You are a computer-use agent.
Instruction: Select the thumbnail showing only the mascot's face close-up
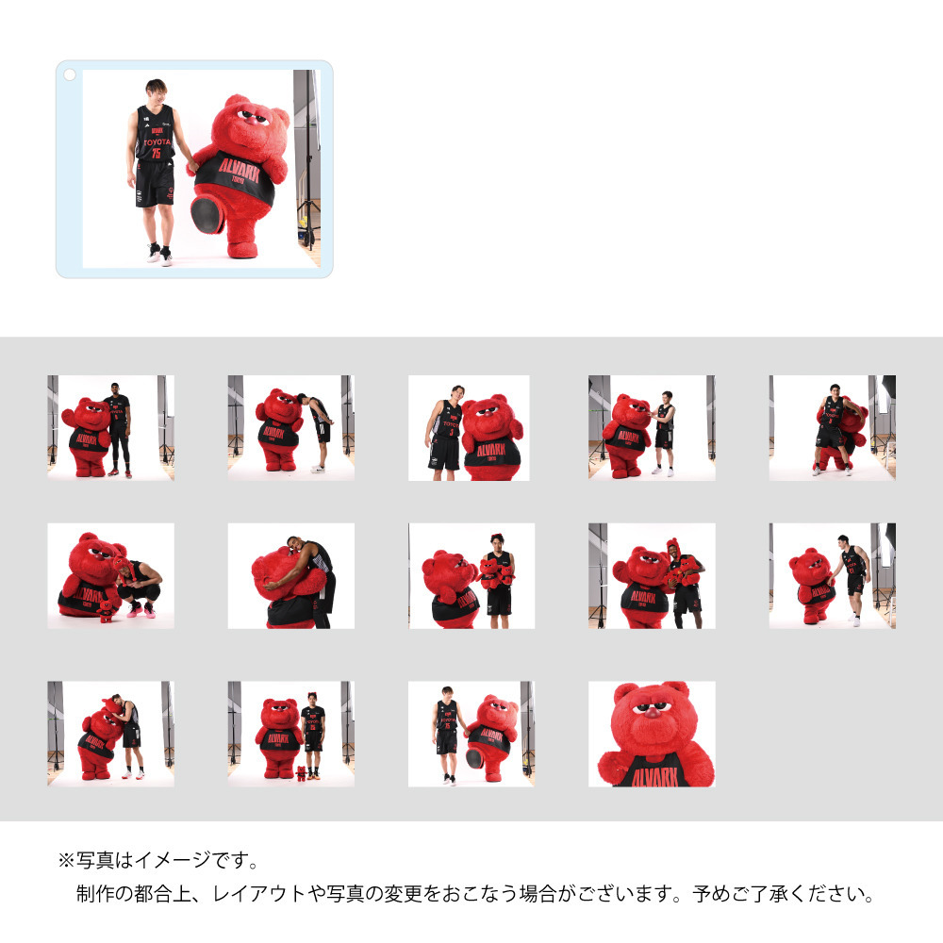(x=652, y=734)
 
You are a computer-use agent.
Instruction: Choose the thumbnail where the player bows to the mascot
(x=290, y=427)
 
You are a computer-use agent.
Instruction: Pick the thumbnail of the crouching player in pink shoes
(x=110, y=575)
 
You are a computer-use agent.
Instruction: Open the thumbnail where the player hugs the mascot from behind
(x=290, y=575)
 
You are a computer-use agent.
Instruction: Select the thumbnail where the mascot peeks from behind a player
(x=832, y=427)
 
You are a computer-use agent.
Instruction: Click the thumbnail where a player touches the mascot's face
(x=652, y=427)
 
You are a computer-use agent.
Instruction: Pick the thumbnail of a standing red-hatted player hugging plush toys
(x=652, y=575)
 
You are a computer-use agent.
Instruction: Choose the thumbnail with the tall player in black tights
(x=110, y=427)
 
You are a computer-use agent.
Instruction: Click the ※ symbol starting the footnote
(x=66, y=860)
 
